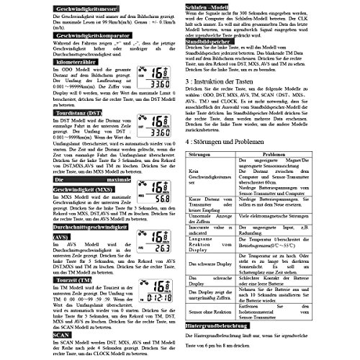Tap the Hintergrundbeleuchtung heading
coord(228,326)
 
